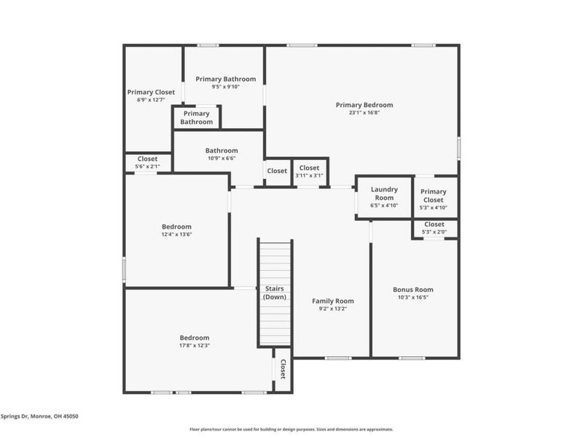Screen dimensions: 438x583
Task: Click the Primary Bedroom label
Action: coord(364,104)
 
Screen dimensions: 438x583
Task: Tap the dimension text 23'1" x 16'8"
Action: coord(364,112)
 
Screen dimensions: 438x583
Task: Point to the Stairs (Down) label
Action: coord(275,293)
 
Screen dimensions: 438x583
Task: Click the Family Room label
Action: coord(332,301)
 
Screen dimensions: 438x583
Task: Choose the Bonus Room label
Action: coord(412,289)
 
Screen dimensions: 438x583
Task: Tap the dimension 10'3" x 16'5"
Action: coord(412,297)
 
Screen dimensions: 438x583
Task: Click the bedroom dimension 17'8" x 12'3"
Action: coord(195,345)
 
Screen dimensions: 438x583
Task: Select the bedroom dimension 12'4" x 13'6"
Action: coord(176,234)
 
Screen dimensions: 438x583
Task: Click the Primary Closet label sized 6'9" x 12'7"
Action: coord(151,92)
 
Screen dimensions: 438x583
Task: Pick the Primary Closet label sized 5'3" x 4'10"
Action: coord(434,196)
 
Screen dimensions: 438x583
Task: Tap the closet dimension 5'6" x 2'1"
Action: coord(147,166)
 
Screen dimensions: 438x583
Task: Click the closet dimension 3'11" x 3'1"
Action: coord(309,175)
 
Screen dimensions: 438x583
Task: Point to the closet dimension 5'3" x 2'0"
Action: coord(434,232)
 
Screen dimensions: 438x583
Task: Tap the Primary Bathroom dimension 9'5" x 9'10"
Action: coord(225,86)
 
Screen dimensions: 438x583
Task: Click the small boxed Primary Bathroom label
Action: coord(197,118)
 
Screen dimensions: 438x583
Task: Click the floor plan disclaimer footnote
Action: coord(291,429)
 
